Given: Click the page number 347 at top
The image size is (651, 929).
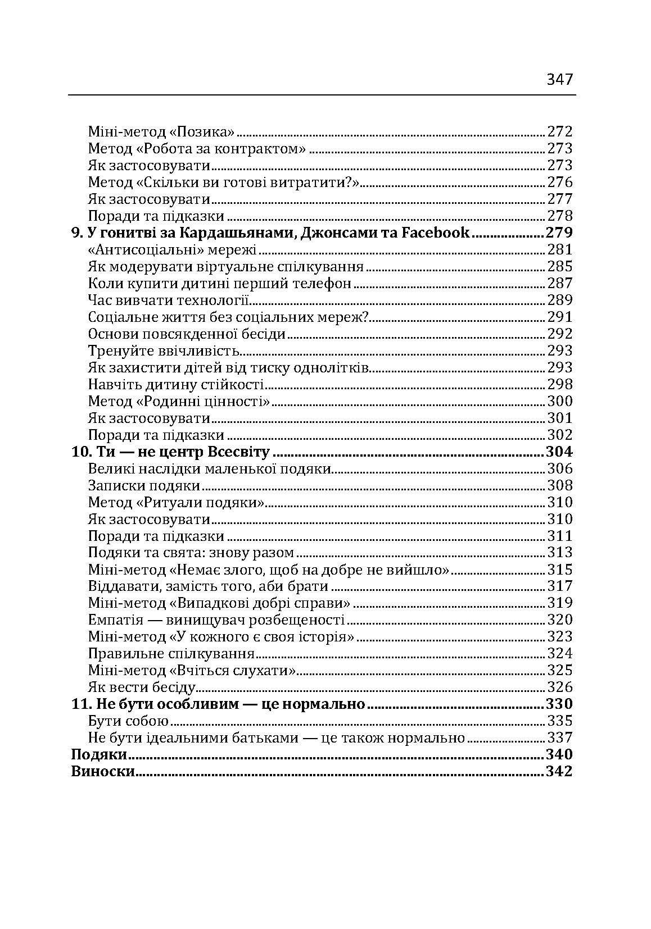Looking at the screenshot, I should tap(559, 79).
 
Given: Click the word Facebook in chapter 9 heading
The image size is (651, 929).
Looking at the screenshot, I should tap(436, 233).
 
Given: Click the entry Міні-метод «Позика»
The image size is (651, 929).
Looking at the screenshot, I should tap(161, 132).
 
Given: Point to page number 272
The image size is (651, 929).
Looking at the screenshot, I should tap(560, 132).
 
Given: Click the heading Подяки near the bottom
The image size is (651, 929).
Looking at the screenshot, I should tap(98, 754).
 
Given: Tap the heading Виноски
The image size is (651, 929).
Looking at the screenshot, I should tap(102, 771).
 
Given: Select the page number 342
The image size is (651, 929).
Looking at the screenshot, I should tap(559, 771).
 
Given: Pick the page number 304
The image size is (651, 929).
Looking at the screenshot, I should tap(559, 452).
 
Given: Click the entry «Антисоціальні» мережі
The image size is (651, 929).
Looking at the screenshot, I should tap(172, 249).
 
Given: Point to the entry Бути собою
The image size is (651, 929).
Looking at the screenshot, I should tap(129, 721).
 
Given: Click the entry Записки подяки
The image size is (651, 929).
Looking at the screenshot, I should tap(144, 485).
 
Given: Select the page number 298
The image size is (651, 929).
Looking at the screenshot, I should tap(560, 384).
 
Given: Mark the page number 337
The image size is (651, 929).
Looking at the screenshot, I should tap(560, 737).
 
